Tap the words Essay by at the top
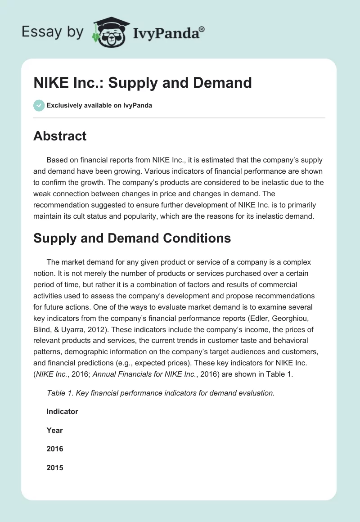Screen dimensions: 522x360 pos(53,31)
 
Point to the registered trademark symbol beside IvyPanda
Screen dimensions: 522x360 pos(202,28)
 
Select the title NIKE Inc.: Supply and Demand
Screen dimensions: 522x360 pos(143,83)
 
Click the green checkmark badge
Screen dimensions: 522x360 pos(39,105)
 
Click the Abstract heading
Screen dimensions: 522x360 pos(60,136)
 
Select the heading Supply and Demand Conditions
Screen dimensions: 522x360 pos(132,238)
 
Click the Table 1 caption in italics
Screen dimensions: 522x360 pos(160,393)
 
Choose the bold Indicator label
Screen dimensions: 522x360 pos(62,411)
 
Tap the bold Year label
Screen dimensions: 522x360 pos(54,430)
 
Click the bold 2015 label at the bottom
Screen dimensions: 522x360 pos(54,468)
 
